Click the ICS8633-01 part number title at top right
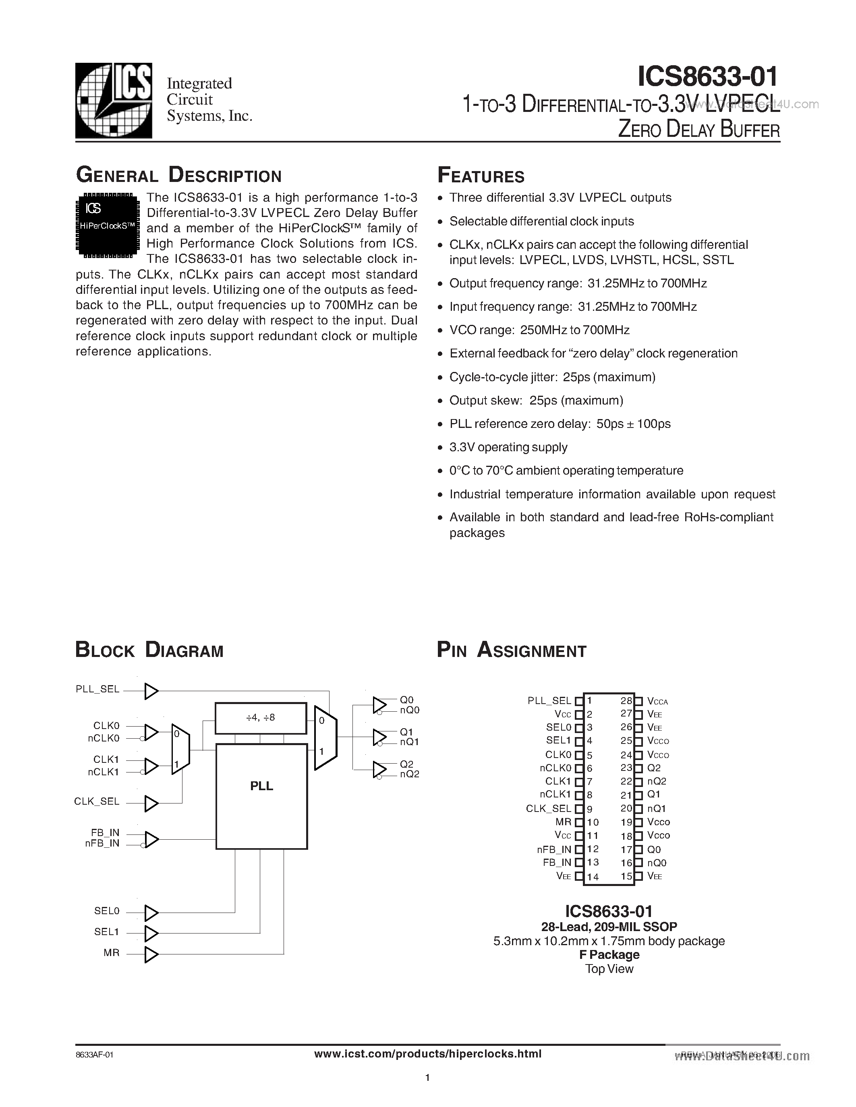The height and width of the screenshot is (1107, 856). pos(707,77)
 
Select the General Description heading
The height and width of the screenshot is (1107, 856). pos(178,176)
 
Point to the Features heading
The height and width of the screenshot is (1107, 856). pos(481,176)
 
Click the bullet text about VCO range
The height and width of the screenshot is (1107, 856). pos(539,330)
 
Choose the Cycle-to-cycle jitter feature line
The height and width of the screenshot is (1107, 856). pos(552,377)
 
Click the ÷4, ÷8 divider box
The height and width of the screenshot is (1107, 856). pos(261,718)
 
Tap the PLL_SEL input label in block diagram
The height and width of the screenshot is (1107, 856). pos(97,689)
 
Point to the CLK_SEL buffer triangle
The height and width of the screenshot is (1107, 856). pos(151,803)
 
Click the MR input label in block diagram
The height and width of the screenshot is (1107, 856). pos(112,952)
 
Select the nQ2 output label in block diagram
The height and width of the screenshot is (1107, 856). pos(409,774)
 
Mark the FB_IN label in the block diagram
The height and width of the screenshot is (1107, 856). pos(105,832)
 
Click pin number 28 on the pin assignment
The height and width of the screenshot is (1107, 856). pos(626,700)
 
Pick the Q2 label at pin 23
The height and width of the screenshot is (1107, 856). pos(654,768)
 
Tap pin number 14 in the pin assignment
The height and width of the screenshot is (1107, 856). pos(593,876)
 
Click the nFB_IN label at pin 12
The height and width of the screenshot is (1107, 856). pos(554,849)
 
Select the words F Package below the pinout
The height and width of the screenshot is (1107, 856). pos(609,954)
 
